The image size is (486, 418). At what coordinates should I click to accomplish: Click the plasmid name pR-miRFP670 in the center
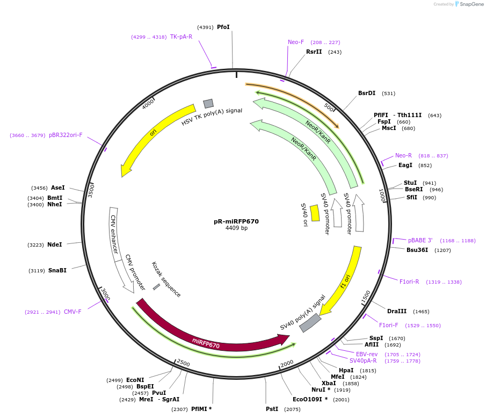pos(236,221)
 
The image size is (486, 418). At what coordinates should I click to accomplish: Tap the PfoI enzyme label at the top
pos(223,27)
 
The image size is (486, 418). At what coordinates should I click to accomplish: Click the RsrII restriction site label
pos(314,52)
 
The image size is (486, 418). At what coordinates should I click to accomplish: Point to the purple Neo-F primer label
pos(296,42)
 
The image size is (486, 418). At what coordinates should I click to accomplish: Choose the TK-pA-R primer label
pos(181,37)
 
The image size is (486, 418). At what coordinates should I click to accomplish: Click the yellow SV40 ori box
pos(315,213)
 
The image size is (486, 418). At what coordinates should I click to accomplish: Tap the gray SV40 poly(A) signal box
pos(310,323)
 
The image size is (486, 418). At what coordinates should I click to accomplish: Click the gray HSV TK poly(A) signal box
pos(208,103)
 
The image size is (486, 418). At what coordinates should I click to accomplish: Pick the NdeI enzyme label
pos(55,244)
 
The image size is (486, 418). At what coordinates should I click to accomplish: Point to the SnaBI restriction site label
pos(57,270)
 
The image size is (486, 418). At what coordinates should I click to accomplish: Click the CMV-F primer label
pos(72,312)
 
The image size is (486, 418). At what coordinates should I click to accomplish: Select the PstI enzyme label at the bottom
pos(272,409)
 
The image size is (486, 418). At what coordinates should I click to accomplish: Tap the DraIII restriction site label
pos(397,311)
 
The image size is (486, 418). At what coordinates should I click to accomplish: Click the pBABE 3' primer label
pos(420,240)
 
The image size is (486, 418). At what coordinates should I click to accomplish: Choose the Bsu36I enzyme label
pos(417,250)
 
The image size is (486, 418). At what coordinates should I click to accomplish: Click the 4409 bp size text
pos(236,228)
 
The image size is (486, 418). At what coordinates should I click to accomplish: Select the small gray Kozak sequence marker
pos(156,287)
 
